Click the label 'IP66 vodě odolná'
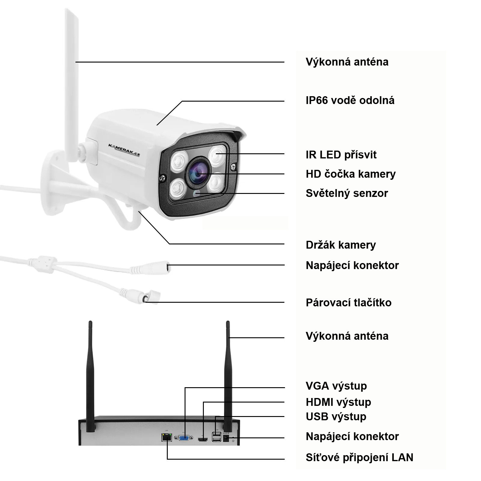point(350,100)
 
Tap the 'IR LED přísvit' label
point(341,155)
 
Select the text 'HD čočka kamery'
point(351,174)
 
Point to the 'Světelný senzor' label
point(347,193)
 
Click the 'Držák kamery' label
point(341,245)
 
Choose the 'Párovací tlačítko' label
point(348,302)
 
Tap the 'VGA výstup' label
point(336,386)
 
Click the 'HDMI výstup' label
point(338,402)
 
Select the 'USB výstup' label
point(336,417)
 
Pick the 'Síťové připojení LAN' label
point(359,457)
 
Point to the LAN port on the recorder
point(167,437)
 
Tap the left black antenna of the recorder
point(90,373)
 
